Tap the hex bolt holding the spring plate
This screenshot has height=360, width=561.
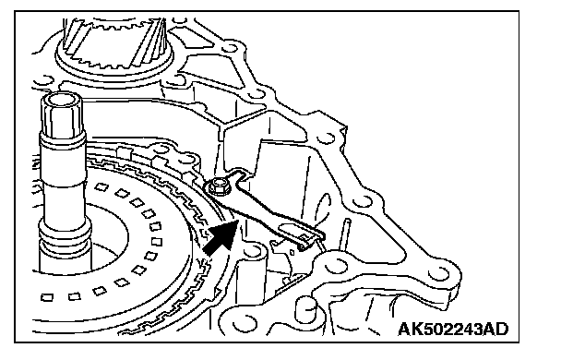click(x=216, y=186)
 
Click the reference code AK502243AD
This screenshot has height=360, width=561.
click(x=453, y=329)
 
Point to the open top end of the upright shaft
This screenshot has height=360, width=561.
click(x=61, y=99)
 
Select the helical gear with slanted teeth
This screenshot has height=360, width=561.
click(x=114, y=43)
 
